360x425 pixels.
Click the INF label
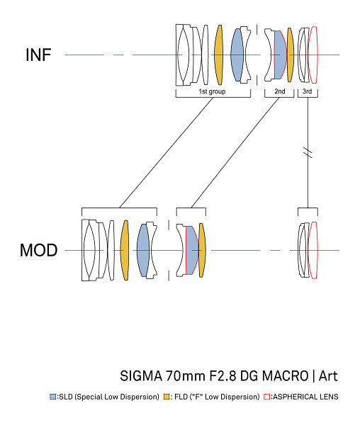click(38, 55)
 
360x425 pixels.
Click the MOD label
click(38, 250)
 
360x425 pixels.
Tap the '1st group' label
click(212, 91)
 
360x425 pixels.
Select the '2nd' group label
click(280, 91)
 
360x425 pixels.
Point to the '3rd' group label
click(307, 91)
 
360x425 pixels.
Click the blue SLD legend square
click(53, 397)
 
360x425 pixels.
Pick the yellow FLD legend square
click(167, 397)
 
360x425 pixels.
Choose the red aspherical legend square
click(267, 397)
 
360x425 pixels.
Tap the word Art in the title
click(328, 376)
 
